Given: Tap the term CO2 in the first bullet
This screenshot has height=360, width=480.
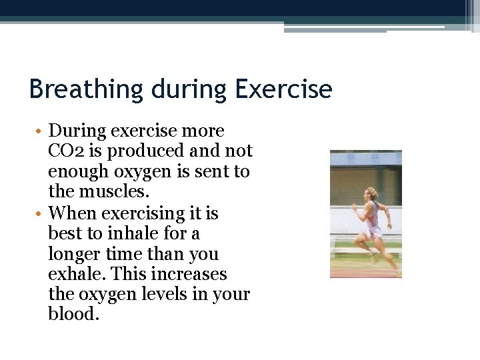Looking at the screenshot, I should [63, 151].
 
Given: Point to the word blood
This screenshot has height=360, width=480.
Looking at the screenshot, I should [73, 315].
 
